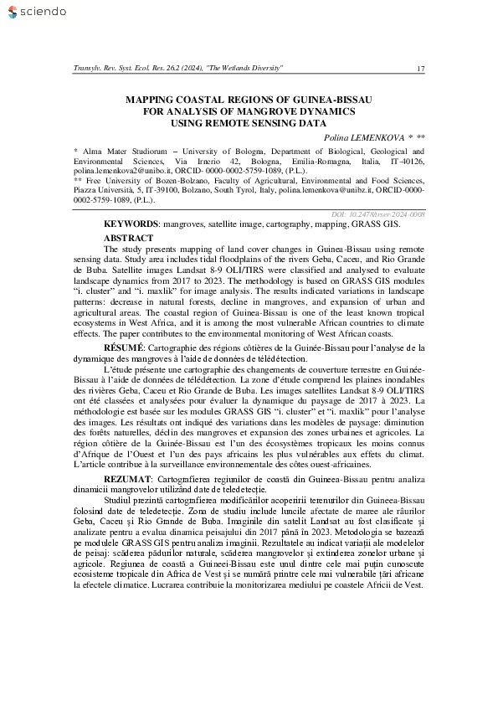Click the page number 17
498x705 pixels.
point(420,67)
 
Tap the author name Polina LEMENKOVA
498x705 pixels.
point(364,136)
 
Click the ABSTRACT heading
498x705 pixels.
point(128,239)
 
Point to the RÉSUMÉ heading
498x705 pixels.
point(124,345)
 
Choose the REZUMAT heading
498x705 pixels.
point(126,476)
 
